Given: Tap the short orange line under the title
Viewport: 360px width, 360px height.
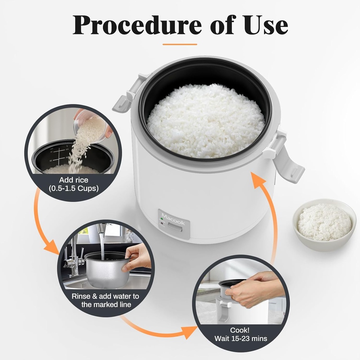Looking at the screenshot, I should click(180, 44).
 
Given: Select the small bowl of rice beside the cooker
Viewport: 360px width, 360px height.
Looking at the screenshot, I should click(324, 224).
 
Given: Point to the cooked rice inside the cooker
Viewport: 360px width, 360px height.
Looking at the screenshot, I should click(206, 120).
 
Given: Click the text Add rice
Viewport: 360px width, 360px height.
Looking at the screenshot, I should click(73, 180).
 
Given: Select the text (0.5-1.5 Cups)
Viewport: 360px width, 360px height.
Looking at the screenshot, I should click(73, 188).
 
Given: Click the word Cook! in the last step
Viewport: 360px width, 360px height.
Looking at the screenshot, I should click(240, 330).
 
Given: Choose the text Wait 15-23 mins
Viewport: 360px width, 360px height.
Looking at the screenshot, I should click(240, 339).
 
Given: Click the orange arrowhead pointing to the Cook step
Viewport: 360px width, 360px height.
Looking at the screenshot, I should click(190, 331).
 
